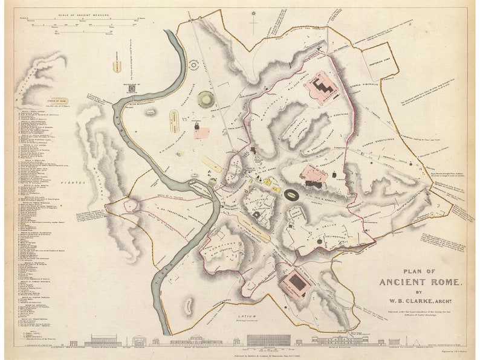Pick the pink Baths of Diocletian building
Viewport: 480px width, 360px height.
tap(323, 87)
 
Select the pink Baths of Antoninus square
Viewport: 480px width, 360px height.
tap(297, 282)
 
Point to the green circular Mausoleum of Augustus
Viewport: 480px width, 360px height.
tap(206, 98)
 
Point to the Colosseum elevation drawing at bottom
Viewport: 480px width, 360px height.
tap(265, 340)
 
